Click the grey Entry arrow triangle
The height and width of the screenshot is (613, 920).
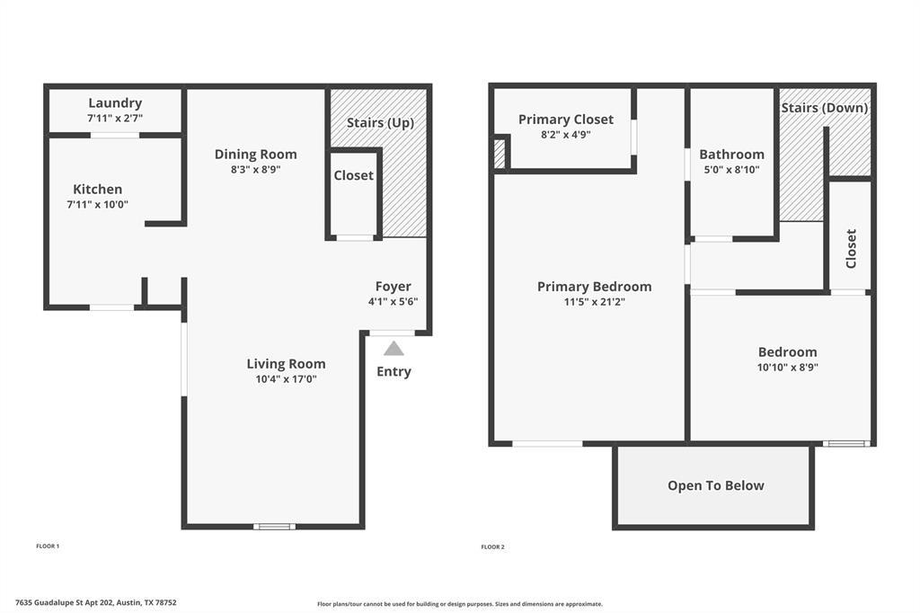click(394, 349)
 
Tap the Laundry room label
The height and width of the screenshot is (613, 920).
click(115, 103)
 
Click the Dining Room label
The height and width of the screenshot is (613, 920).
click(255, 155)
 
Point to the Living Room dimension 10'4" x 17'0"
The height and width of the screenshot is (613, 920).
click(286, 378)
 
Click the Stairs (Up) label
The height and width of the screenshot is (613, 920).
click(380, 122)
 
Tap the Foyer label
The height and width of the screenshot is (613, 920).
click(394, 287)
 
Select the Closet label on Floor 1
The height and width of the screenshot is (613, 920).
click(353, 175)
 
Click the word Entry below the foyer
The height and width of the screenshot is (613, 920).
click(394, 371)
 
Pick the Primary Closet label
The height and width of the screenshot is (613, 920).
click(566, 120)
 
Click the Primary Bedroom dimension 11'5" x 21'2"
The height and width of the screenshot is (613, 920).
click(594, 302)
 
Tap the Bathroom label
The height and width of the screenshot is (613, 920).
click(731, 154)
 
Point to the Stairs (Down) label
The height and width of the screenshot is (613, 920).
click(824, 108)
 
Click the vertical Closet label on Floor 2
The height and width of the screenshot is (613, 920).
click(851, 248)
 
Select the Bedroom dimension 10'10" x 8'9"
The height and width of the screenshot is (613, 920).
click(787, 367)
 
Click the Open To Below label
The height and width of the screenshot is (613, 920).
click(715, 485)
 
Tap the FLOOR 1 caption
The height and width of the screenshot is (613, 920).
click(48, 546)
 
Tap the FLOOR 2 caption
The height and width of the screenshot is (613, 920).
click(492, 546)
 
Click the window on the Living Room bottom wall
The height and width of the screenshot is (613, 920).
click(274, 526)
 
